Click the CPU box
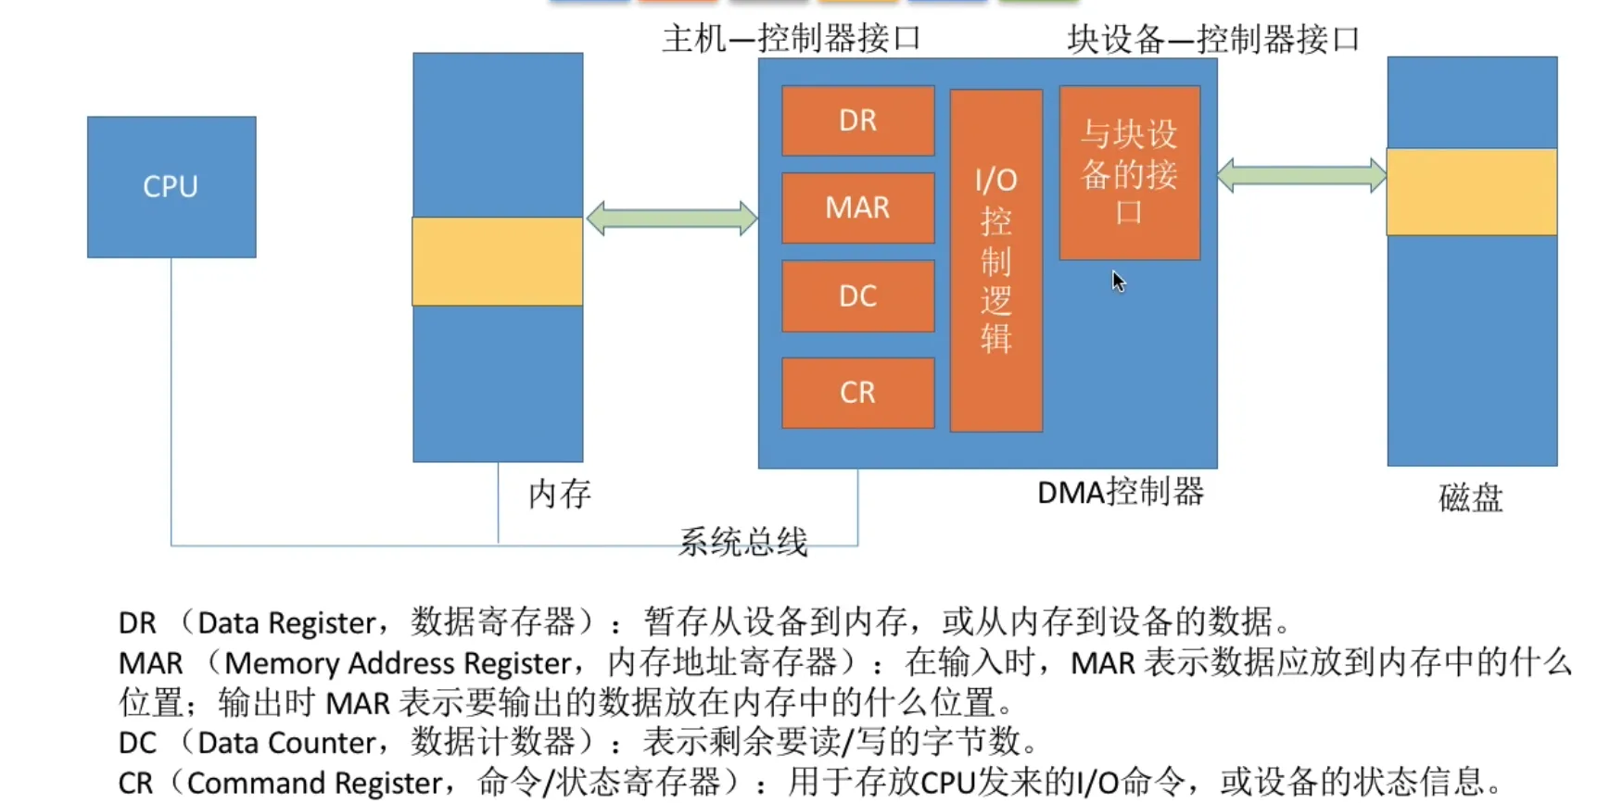171,187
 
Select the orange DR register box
857,121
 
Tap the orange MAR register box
857,208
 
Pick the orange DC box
857,296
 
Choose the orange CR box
857,393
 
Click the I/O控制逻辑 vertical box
996,260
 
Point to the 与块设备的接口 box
1129,173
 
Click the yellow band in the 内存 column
498,261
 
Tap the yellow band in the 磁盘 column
1472,192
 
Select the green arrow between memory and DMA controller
672,219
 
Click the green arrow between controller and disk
1301,175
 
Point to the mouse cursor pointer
1118,281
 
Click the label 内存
559,494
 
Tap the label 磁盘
1470,498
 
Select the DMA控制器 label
1120,492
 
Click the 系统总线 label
742,542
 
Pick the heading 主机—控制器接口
792,39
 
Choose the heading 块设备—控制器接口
1212,40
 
